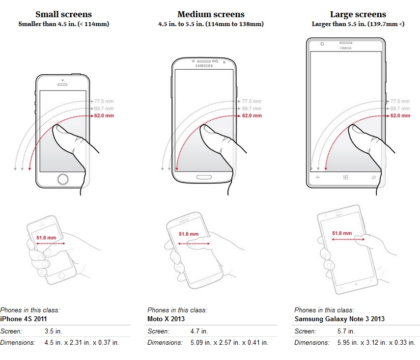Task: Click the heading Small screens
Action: pyautogui.click(x=63, y=14)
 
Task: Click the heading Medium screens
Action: pyautogui.click(x=211, y=14)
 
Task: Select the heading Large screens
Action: pyautogui.click(x=358, y=14)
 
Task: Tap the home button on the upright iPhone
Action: pyautogui.click(x=63, y=179)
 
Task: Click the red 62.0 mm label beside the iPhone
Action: pyautogui.click(x=104, y=116)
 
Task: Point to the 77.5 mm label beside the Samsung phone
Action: pyautogui.click(x=252, y=101)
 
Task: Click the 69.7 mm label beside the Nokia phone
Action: pyautogui.click(x=400, y=109)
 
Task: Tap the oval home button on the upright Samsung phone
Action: pyautogui.click(x=204, y=177)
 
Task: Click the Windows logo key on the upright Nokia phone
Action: pyautogui.click(x=345, y=177)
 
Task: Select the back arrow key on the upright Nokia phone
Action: pyautogui.click(x=318, y=177)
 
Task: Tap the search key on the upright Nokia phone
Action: pyautogui.click(x=374, y=177)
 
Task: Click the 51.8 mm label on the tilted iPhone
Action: pyautogui.click(x=46, y=238)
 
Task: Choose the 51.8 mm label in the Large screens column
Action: pyautogui.click(x=342, y=233)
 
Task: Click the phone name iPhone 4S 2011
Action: pyautogui.click(x=24, y=319)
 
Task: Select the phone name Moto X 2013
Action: pyautogui.click(x=166, y=319)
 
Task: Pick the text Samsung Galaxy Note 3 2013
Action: pyautogui.click(x=339, y=319)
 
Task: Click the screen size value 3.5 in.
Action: pyautogui.click(x=54, y=332)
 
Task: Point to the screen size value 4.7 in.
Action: pyautogui.click(x=199, y=332)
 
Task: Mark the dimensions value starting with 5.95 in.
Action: pyautogui.click(x=376, y=343)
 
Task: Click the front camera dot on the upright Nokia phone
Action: pyautogui.click(x=322, y=44)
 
